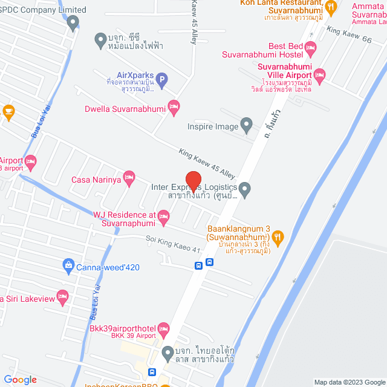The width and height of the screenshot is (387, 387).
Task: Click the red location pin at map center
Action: pyautogui.click(x=193, y=181)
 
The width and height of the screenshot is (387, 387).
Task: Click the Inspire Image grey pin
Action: pyautogui.click(x=246, y=126)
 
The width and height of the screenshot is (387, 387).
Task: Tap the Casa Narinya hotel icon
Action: pyautogui.click(x=128, y=178)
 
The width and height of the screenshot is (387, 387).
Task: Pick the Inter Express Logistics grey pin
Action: pyautogui.click(x=244, y=190)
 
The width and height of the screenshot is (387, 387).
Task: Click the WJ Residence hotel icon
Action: pyautogui.click(x=163, y=216)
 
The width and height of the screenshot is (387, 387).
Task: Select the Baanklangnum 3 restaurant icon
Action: pyautogui.click(x=278, y=236)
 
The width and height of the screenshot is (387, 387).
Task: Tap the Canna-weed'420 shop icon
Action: pyautogui.click(x=68, y=265)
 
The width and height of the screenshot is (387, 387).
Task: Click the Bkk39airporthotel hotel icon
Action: pyautogui.click(x=163, y=330)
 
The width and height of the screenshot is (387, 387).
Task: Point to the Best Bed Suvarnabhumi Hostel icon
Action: pyautogui.click(x=311, y=47)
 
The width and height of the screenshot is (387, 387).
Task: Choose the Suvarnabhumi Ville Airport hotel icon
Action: pyautogui.click(x=320, y=75)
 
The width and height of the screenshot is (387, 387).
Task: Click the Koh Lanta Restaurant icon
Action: pyautogui.click(x=330, y=8)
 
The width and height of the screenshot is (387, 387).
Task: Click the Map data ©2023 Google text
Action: pyautogui.click(x=348, y=382)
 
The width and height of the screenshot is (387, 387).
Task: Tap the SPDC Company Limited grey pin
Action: pyautogui.click(x=73, y=24)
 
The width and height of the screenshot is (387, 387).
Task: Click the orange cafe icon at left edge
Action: pyautogui.click(x=8, y=111)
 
